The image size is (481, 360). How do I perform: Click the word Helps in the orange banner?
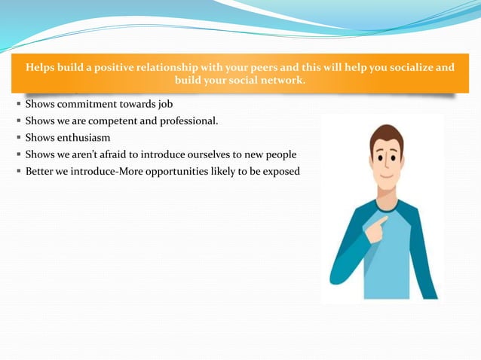tap(41, 68)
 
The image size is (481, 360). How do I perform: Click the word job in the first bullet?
tap(165, 104)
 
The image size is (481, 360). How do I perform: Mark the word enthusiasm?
tap(84, 138)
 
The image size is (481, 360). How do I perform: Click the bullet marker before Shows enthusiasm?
tap(17, 138)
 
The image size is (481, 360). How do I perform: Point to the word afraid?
tap(122, 154)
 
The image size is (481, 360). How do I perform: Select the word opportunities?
tap(165, 172)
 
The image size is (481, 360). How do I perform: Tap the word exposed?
tap(281, 172)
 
